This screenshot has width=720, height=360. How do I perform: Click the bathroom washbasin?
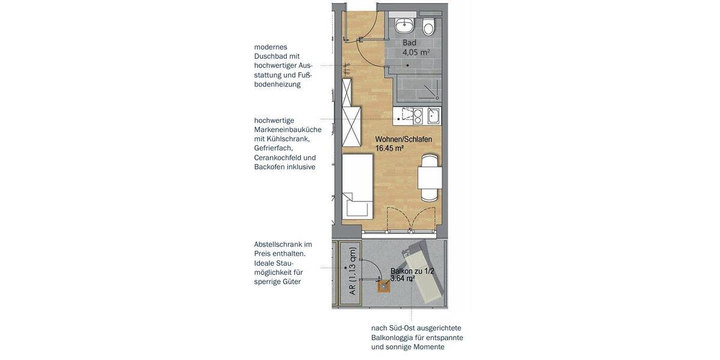pyautogui.click(x=405, y=25)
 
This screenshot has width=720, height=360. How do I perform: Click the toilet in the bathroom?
pyautogui.click(x=428, y=27)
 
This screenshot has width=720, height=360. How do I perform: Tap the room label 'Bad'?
pyautogui.click(x=409, y=43)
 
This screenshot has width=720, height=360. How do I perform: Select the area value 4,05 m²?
pyautogui.click(x=416, y=53)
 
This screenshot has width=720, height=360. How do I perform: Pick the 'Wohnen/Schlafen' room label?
pyautogui.click(x=403, y=139)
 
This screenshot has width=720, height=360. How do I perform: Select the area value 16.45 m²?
pyautogui.click(x=389, y=148)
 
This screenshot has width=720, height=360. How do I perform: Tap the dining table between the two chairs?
pyautogui.click(x=430, y=178)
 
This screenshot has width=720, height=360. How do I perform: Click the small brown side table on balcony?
pyautogui.click(x=383, y=286)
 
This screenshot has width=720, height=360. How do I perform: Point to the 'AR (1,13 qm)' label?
pyautogui.click(x=352, y=271)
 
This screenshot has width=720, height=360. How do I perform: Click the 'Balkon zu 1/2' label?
pyautogui.click(x=412, y=271)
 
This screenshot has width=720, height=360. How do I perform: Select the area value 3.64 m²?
pyautogui.click(x=403, y=279)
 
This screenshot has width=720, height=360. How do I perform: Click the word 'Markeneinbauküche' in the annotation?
pyautogui.click(x=287, y=130)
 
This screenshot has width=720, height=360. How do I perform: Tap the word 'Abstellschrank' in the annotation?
pyautogui.click(x=278, y=244)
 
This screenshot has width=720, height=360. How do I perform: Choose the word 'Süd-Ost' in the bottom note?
pyautogui.click(x=403, y=328)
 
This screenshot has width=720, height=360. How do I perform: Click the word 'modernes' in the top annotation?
pyautogui.click(x=271, y=47)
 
